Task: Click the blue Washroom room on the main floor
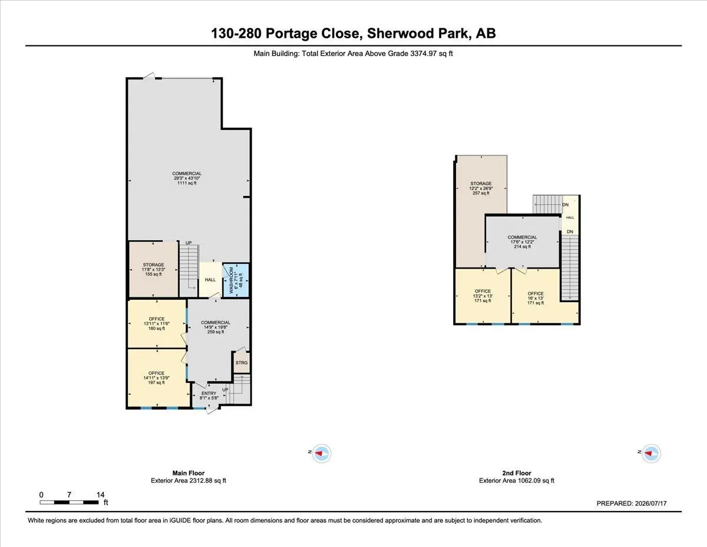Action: coord(236,280)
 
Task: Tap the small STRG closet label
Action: coord(242,363)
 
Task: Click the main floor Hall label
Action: coord(210,280)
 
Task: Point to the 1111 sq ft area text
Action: coord(187,183)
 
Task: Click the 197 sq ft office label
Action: coord(156,378)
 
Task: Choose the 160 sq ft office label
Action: coord(157,323)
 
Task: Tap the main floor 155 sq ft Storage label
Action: coord(154,270)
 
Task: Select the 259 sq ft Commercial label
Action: coord(216,327)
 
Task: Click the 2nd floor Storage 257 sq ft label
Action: coord(481,188)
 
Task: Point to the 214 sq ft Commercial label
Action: coord(522,242)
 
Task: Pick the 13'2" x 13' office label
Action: coord(483,296)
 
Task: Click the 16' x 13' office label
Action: coord(536,298)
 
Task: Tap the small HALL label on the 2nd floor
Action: coord(570,217)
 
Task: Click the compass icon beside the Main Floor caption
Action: coord(322,453)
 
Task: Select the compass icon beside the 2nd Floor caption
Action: coord(651,453)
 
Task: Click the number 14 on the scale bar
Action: coord(101,494)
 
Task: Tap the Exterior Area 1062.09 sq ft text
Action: coord(517,480)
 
